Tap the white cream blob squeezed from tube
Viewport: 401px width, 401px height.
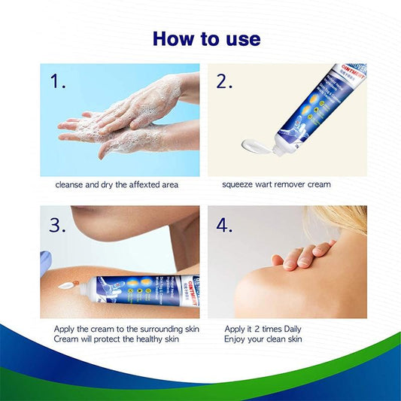253,144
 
